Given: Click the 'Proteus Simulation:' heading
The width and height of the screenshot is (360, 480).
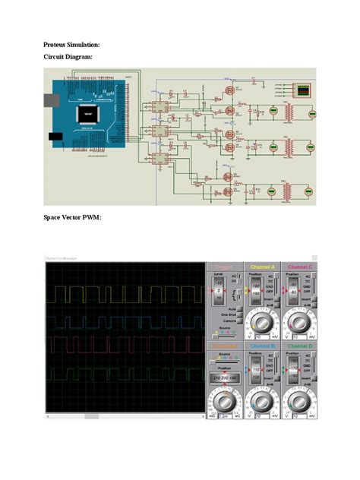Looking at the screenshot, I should [x=71, y=46].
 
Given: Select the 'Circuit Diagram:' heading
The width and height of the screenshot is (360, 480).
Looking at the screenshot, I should [x=68, y=58].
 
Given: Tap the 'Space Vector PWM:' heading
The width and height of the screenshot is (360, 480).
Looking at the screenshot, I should [x=72, y=219].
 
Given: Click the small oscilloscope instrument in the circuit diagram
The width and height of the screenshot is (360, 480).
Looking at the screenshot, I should [x=304, y=91].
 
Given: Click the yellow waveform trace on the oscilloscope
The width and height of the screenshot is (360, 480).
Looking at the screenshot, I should [x=122, y=294].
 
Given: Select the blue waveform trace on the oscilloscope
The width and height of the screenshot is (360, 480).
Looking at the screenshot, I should [x=122, y=319].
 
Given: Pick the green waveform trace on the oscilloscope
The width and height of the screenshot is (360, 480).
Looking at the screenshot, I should [x=122, y=374].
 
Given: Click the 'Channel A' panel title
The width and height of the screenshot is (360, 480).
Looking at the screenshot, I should [x=262, y=267].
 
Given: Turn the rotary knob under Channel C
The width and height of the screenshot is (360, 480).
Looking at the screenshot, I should [x=299, y=323].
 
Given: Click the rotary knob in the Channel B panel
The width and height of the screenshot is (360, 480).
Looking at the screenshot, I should [x=262, y=400].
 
